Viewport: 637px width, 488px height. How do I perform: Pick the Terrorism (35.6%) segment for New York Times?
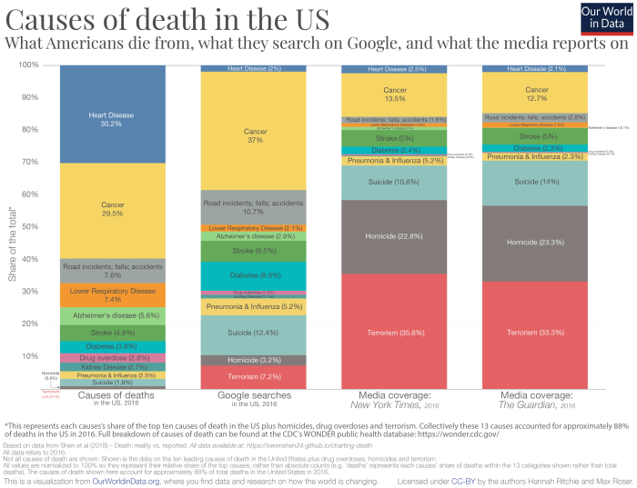click(x=394, y=333)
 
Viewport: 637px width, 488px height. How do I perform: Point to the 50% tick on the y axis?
click(x=30, y=227)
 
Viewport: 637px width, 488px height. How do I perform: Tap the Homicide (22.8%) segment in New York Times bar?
click(x=394, y=237)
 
